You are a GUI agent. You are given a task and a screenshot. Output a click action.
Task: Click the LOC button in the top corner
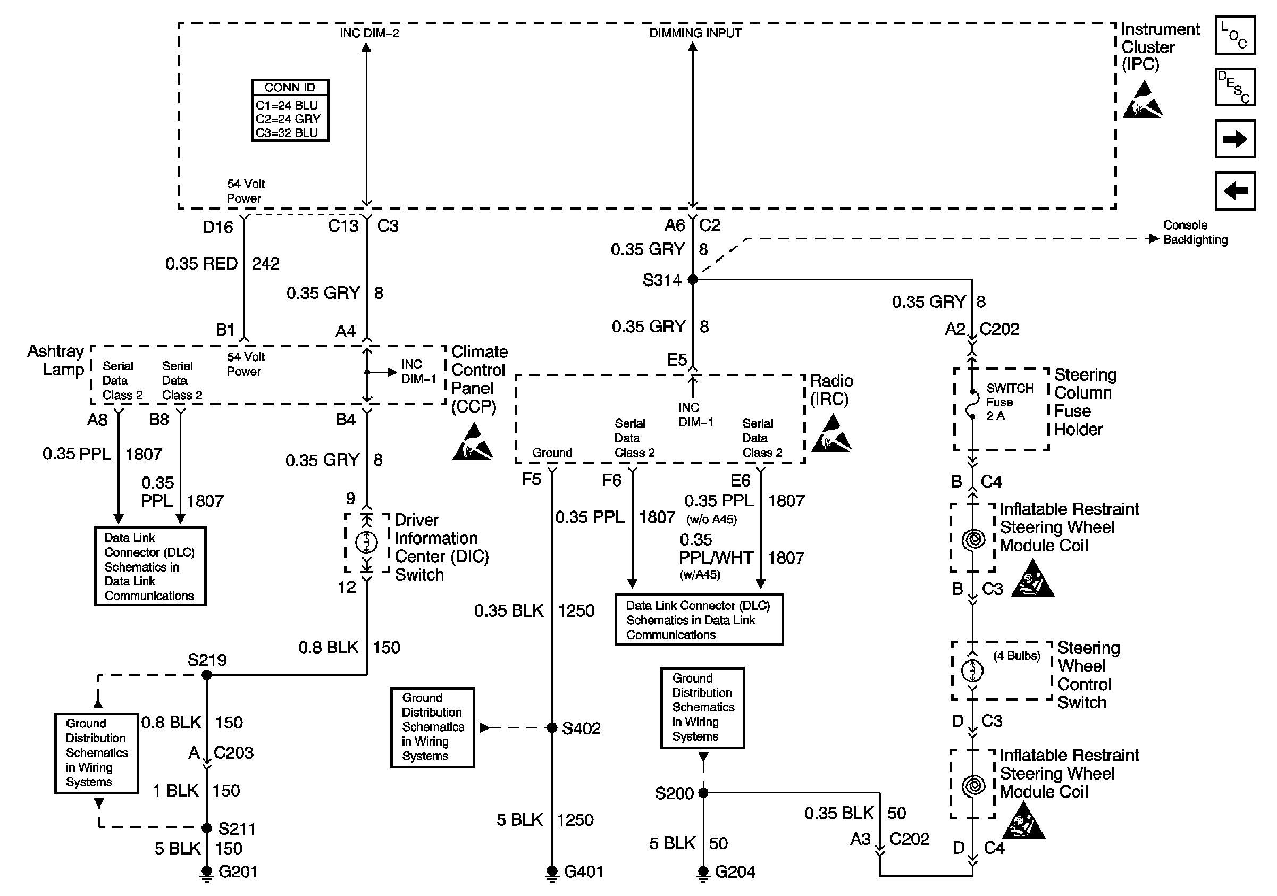[1234, 35]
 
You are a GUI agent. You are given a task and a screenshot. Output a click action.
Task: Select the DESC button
[1234, 87]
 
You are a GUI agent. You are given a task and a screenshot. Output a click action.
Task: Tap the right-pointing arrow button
[1234, 139]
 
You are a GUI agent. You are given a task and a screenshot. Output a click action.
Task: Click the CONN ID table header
[290, 87]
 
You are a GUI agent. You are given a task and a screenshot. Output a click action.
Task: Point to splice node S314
[692, 280]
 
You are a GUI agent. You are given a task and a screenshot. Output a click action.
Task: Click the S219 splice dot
[206, 675]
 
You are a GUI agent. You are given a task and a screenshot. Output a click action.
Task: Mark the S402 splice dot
[552, 727]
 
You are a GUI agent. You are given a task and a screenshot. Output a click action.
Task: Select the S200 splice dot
[703, 792]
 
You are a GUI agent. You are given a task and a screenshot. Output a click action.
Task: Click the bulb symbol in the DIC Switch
[366, 541]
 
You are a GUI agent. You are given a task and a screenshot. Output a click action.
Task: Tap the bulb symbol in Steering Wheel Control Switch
[972, 670]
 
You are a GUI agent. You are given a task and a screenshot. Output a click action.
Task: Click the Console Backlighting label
[1195, 232]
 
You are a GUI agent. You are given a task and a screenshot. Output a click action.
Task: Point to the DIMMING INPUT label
[695, 34]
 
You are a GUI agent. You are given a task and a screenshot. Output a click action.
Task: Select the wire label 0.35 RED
[201, 264]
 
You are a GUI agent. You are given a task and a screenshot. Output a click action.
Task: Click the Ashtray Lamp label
[56, 361]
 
